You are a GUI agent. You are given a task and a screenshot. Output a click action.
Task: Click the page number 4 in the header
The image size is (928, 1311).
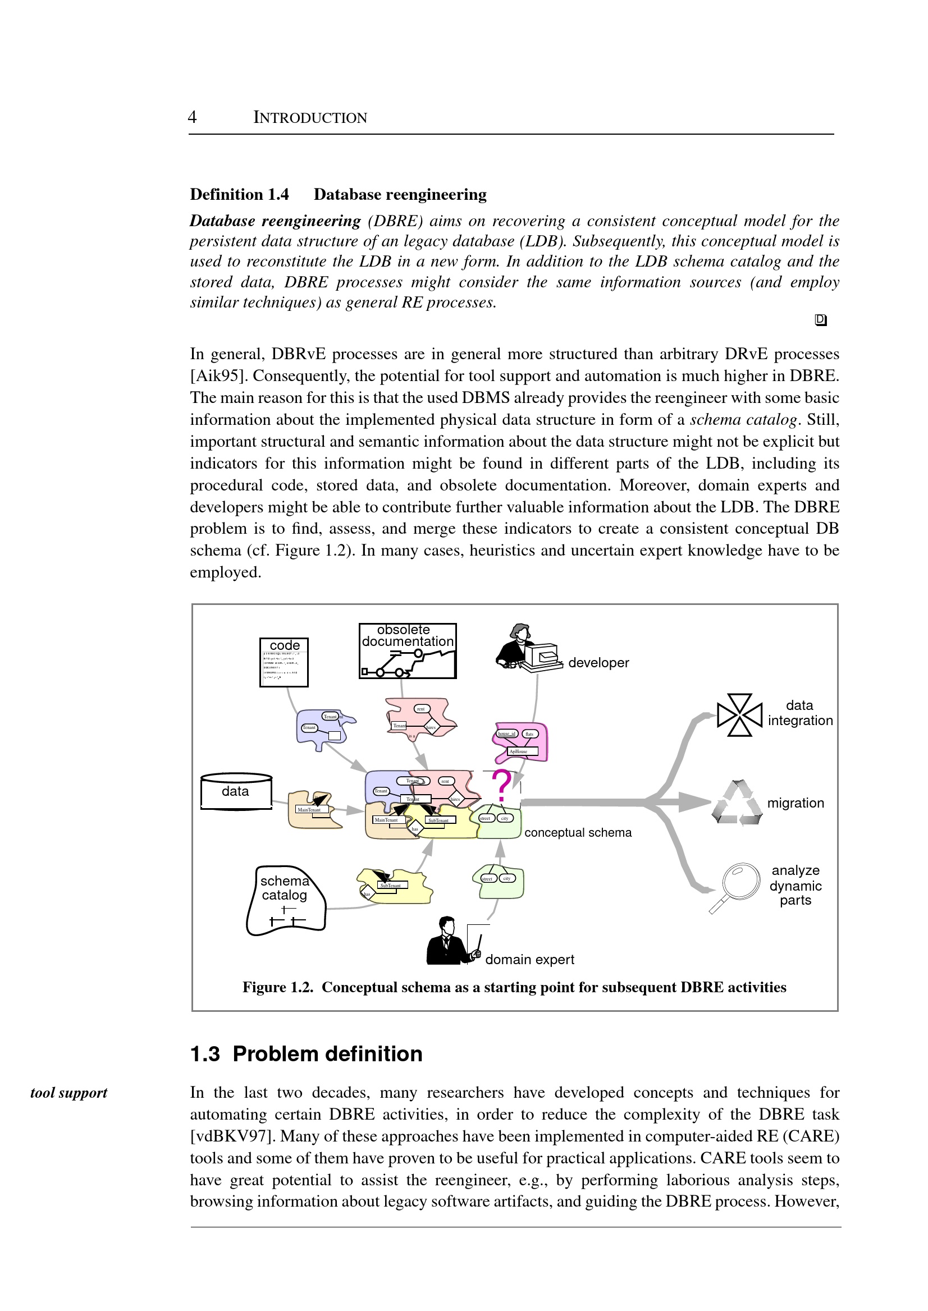[x=192, y=117]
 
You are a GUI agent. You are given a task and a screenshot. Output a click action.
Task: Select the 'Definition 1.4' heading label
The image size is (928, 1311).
[x=239, y=195]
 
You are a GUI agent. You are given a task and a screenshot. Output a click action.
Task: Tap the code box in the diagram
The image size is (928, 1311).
[x=284, y=662]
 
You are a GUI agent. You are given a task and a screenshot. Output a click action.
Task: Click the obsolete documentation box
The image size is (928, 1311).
[x=408, y=650]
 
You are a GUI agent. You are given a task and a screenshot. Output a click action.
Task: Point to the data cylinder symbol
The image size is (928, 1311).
[x=236, y=791]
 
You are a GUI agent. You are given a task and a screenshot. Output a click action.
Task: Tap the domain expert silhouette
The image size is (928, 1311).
[x=449, y=942]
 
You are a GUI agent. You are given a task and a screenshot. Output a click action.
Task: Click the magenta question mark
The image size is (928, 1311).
[x=501, y=786]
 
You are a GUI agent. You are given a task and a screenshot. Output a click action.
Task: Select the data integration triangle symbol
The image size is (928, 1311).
[x=739, y=714]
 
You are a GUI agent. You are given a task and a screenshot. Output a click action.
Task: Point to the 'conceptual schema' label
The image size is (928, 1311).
[x=578, y=833]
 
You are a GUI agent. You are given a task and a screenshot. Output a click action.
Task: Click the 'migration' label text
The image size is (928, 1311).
[x=796, y=803]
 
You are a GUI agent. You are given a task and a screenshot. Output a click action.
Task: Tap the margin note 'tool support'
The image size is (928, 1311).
[x=69, y=1093]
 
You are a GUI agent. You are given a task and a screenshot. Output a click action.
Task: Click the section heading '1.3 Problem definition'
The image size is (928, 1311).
[x=307, y=1054]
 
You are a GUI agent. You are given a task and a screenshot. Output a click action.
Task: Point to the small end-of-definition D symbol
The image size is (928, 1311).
[x=821, y=320]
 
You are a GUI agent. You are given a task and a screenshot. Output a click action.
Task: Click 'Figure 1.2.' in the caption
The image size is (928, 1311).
[x=278, y=988]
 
